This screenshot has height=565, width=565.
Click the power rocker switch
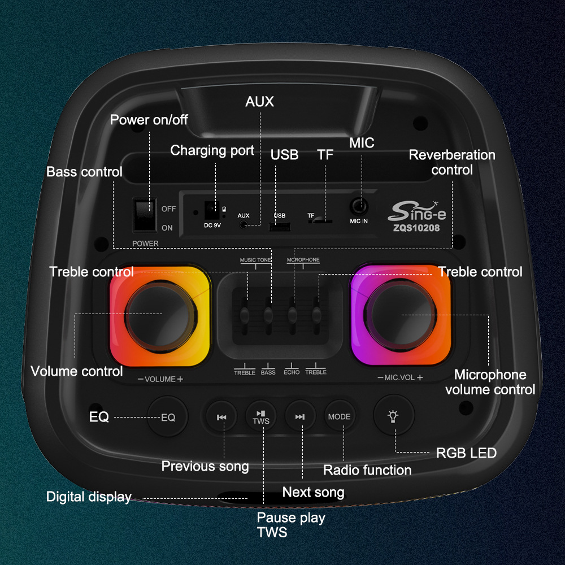145,214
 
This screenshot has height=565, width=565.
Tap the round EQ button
168,418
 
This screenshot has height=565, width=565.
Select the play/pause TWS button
262,418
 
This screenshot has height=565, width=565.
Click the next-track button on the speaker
300,418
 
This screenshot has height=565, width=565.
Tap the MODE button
339,417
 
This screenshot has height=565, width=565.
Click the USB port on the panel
280,227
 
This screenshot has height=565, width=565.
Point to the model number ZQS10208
418,228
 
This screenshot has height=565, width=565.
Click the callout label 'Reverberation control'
452,162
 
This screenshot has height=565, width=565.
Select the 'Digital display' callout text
89,497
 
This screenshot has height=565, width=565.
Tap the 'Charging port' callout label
212,150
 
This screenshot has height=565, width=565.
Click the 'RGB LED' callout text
466,453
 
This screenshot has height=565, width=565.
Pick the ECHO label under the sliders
292,372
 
